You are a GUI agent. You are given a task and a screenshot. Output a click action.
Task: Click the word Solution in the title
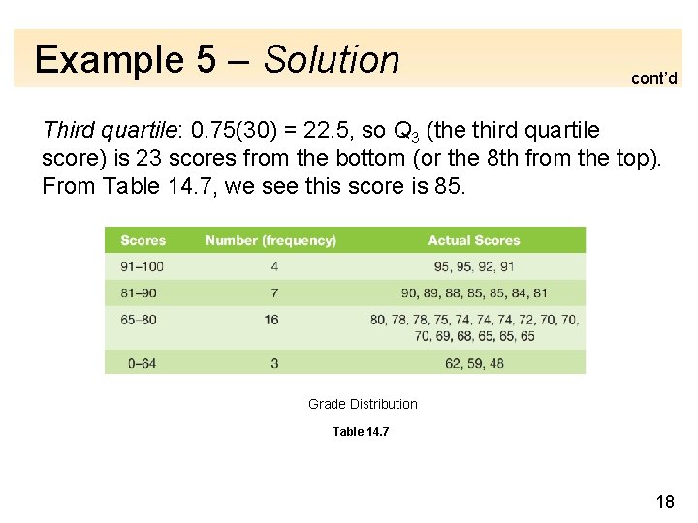tap(332, 60)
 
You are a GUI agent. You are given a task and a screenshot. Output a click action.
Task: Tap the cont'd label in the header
tap(653, 78)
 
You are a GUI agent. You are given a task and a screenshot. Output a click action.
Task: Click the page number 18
tap(665, 500)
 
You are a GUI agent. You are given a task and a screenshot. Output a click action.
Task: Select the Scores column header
tap(143, 240)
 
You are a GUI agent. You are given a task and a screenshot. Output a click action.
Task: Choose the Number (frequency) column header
tap(270, 240)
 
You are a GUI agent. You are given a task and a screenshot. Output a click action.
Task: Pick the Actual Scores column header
tap(474, 240)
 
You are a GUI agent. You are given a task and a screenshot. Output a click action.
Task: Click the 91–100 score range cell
tap(143, 266)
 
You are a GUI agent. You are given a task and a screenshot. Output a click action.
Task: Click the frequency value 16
tap(270, 319)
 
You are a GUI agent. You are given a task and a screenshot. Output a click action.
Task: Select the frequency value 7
tap(274, 292)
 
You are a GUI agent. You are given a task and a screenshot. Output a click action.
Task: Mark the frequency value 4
tap(274, 266)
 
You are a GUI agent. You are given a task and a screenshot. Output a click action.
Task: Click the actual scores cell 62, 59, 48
tap(474, 363)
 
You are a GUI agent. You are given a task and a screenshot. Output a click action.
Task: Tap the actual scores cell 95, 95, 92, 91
tap(474, 266)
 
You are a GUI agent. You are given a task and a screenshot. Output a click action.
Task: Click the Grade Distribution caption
tap(363, 404)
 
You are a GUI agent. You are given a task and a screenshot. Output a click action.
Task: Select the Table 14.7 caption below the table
tap(361, 431)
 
